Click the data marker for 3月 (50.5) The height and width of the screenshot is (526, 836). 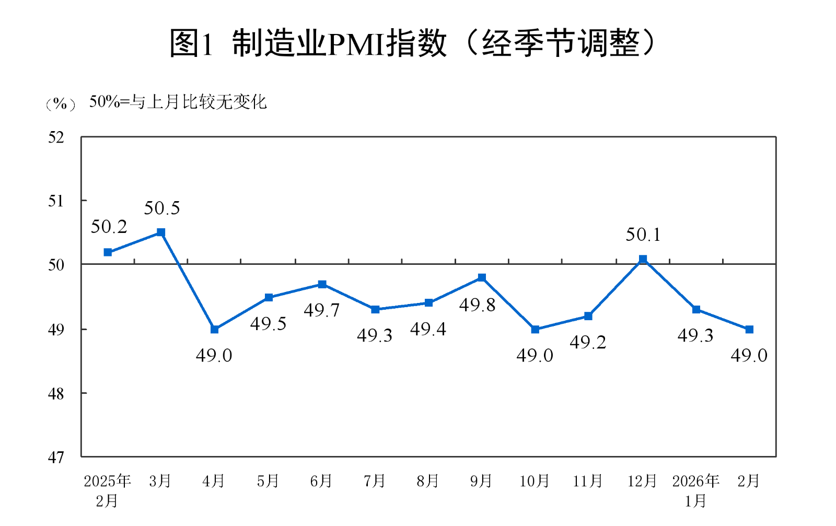pyautogui.click(x=161, y=232)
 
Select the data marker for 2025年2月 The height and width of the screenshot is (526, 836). pyautogui.click(x=108, y=252)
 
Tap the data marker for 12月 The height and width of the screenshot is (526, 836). pyautogui.click(x=643, y=259)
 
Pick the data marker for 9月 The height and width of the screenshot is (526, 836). pyautogui.click(x=482, y=277)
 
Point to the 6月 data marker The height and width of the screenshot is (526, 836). pyautogui.click(x=322, y=284)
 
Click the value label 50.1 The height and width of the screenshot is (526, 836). pyautogui.click(x=643, y=235)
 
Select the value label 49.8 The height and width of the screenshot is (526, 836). pyautogui.click(x=477, y=305)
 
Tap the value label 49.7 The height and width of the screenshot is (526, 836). pyautogui.click(x=321, y=311)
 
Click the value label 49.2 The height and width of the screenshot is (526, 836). pyautogui.click(x=587, y=343)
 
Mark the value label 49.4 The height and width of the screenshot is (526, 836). pyautogui.click(x=428, y=329)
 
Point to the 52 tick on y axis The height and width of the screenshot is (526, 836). pyautogui.click(x=56, y=137)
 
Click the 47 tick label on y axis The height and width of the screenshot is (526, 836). pyautogui.click(x=56, y=458)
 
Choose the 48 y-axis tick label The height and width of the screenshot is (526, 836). pyautogui.click(x=56, y=394)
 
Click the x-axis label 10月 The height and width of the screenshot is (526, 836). pyautogui.click(x=534, y=481)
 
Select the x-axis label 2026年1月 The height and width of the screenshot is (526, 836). pyautogui.click(x=695, y=490)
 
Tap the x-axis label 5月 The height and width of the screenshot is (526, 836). pyautogui.click(x=268, y=481)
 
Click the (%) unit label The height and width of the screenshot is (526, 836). pyautogui.click(x=60, y=104)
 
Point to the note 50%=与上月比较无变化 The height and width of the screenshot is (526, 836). pyautogui.click(x=178, y=102)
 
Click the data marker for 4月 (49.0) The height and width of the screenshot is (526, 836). pyautogui.click(x=214, y=330)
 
